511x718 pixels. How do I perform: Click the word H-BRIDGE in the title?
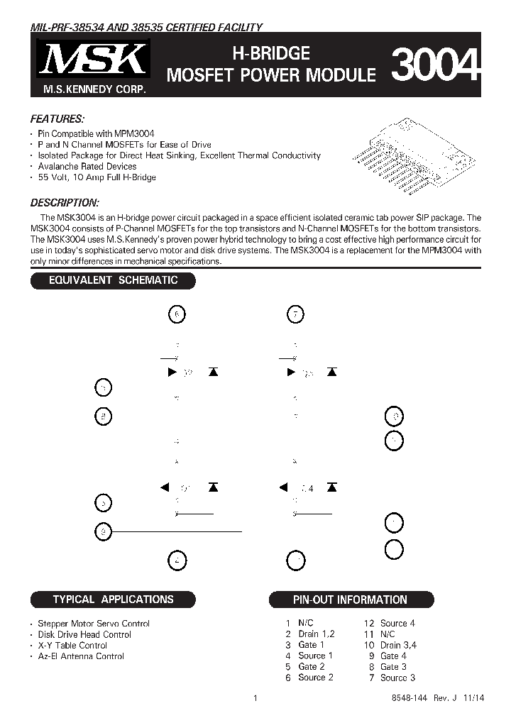[x=272, y=53]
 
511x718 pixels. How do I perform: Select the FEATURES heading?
[x=57, y=118]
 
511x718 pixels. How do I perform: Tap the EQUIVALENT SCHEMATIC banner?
[x=113, y=280]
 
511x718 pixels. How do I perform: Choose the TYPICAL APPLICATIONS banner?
[x=113, y=600]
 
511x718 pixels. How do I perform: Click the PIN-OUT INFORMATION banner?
[x=350, y=600]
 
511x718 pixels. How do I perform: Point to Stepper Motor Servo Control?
[x=94, y=624]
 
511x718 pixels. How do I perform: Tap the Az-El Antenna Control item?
[x=81, y=656]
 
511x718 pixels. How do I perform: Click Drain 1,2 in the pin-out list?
[x=316, y=634]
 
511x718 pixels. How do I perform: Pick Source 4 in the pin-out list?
[x=397, y=623]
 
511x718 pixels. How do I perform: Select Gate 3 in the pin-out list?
[x=393, y=667]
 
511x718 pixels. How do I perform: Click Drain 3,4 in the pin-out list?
[x=398, y=645]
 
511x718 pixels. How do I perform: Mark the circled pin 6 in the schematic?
[x=178, y=314]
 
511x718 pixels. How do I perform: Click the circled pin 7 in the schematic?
[x=296, y=314]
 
